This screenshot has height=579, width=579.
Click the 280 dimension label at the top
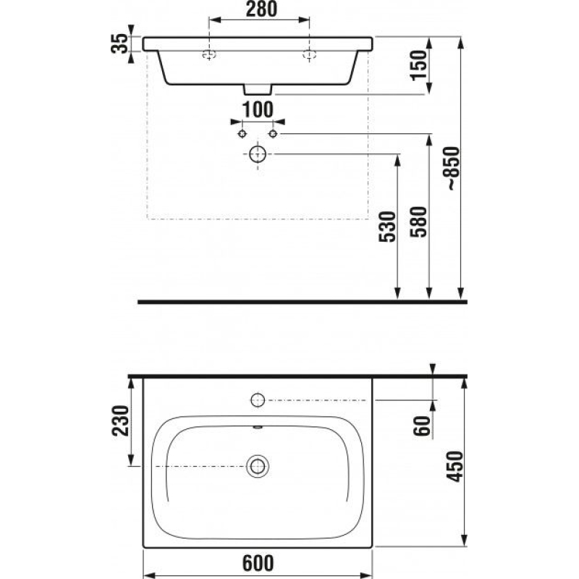click(x=261, y=9)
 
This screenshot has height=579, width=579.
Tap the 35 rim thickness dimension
click(x=119, y=43)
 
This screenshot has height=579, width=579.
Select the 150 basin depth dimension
click(x=418, y=65)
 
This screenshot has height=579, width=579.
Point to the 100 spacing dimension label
click(x=258, y=110)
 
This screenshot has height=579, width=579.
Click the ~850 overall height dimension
click(x=453, y=169)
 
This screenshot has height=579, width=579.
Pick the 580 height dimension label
click(x=418, y=221)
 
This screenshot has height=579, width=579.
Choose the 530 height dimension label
click(x=387, y=227)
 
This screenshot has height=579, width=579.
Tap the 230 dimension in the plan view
click(x=120, y=420)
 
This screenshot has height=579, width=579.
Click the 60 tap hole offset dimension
click(x=422, y=426)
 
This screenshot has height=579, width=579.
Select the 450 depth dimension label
click(x=455, y=466)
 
